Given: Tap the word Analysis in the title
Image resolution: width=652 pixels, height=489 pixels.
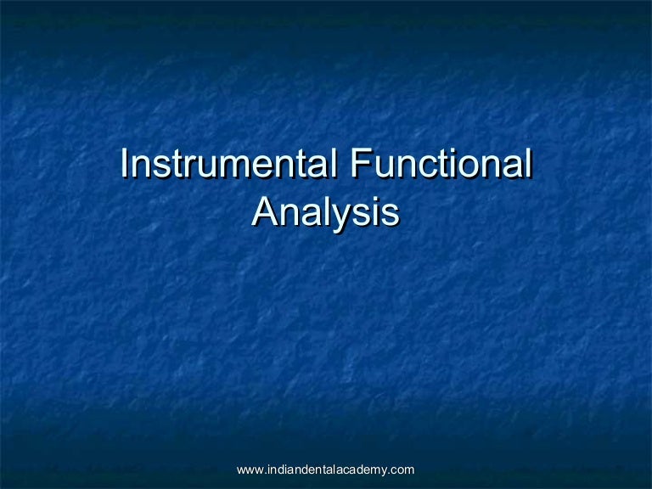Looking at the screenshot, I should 325,211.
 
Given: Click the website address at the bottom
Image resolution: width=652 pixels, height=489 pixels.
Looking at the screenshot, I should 325,469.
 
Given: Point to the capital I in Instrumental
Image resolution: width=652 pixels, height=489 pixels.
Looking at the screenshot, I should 124,164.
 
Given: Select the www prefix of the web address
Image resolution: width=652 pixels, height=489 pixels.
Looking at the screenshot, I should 249,469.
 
